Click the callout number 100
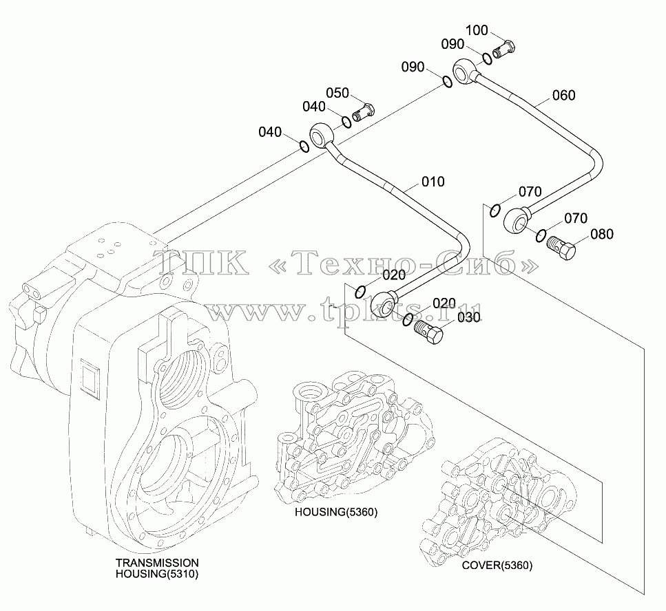pos(477,30)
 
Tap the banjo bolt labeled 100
pos(504,49)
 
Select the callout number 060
pos(563,95)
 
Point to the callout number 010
pos(433,182)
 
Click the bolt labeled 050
pos(364,112)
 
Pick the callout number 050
pos(337,93)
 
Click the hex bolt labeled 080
pos(561,248)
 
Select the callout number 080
pos(602,234)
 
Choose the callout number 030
pos(469,317)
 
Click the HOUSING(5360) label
pos(336,512)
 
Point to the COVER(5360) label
pos(497,565)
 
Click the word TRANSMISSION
pos(157,563)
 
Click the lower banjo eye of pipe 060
pos(516,220)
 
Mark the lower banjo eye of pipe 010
pos(384,304)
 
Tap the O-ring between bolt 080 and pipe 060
pos(541,235)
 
